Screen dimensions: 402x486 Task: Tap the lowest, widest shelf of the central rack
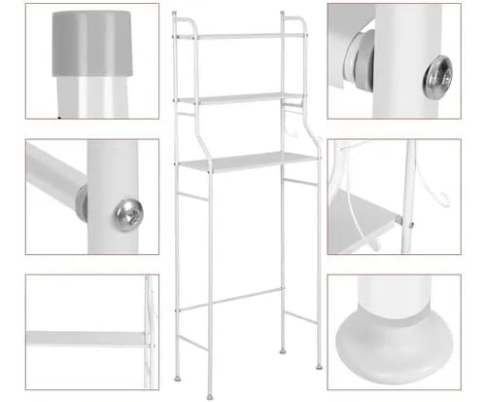[247, 161]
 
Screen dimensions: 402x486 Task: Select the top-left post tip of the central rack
[174, 14]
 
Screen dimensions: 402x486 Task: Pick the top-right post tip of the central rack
[283, 14]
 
